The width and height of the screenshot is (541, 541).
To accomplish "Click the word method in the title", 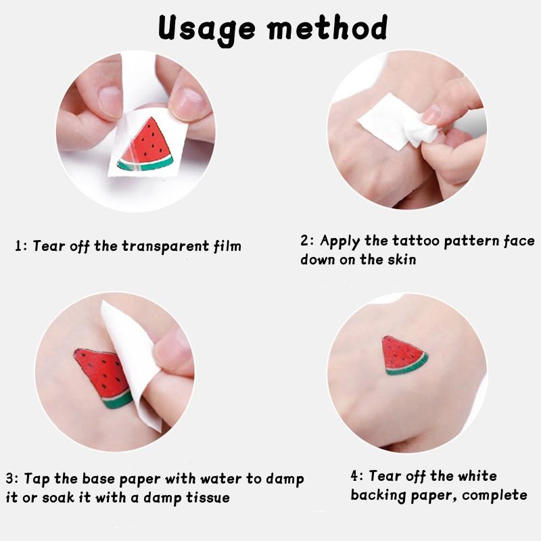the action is [327, 28].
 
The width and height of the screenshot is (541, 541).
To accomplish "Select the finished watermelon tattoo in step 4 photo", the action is [404, 356].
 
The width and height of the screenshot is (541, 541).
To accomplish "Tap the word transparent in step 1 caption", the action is [166, 247].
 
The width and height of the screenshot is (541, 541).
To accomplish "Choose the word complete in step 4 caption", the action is [495, 496].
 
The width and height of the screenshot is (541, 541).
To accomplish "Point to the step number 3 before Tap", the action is [9, 479].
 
